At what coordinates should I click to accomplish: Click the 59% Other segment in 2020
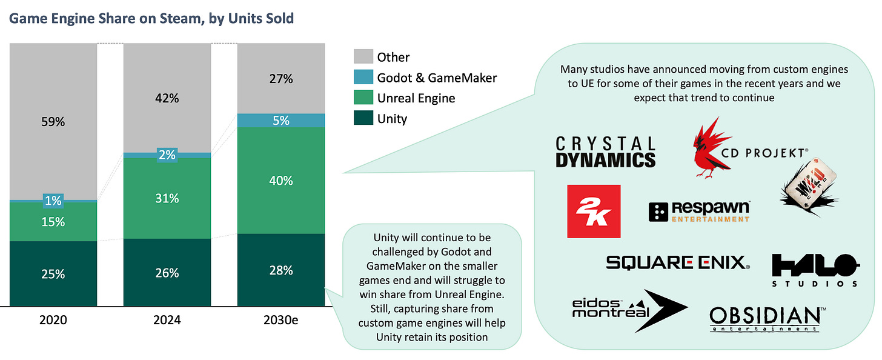(x=53, y=121)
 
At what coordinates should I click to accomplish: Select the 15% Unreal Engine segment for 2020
(x=53, y=222)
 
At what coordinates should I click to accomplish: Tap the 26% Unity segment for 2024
(x=167, y=273)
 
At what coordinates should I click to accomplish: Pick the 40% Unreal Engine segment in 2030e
(x=280, y=181)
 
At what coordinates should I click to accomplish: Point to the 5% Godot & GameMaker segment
(x=280, y=121)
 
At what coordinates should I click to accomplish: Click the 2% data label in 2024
(x=167, y=155)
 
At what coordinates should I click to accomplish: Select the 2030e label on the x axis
(x=280, y=320)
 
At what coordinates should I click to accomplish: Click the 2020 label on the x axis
(x=53, y=320)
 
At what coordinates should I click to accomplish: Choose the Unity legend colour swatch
(x=362, y=118)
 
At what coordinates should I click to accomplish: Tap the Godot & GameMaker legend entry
(x=436, y=78)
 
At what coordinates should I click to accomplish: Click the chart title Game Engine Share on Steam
(x=151, y=18)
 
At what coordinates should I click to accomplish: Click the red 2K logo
(x=594, y=211)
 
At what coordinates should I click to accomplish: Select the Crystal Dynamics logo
(x=606, y=152)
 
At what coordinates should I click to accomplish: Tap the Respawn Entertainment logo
(x=699, y=211)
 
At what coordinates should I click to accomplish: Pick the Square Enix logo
(x=678, y=262)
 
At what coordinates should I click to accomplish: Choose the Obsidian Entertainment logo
(x=764, y=319)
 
